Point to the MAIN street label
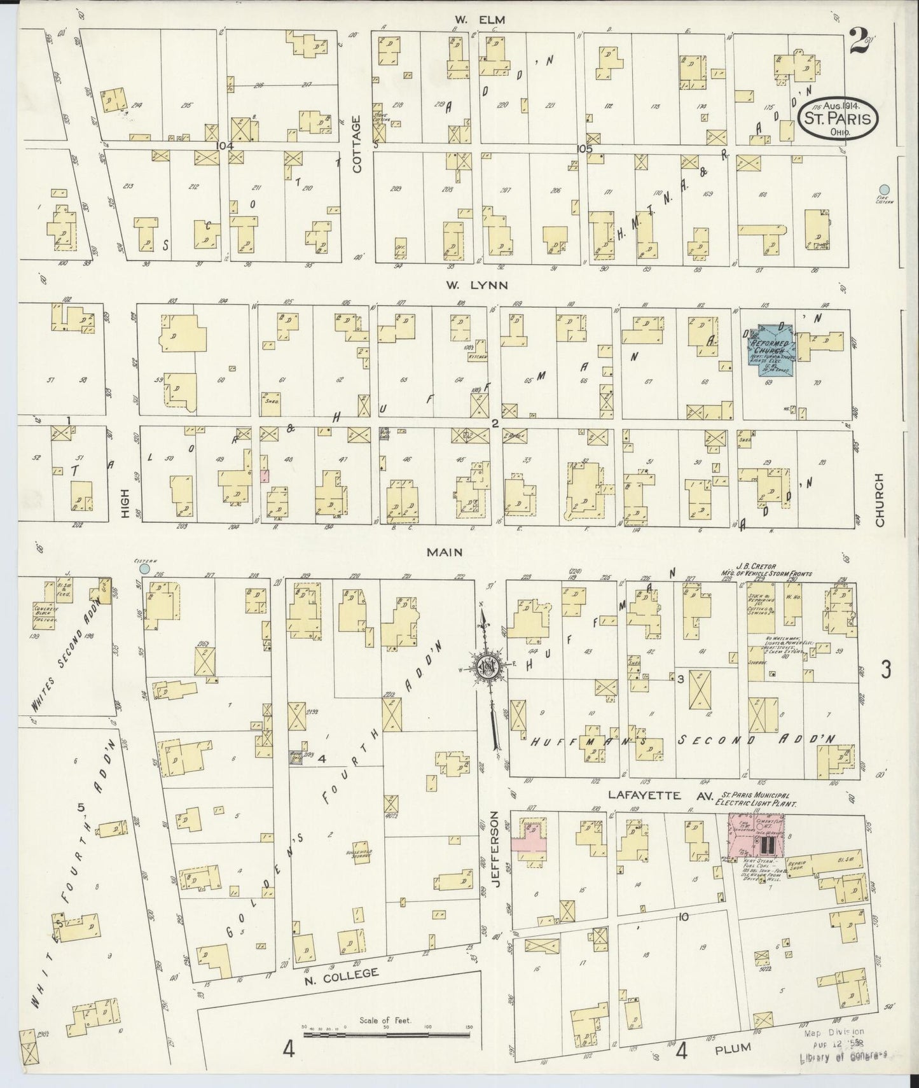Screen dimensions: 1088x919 (445, 554)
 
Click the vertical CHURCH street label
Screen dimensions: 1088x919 (880, 499)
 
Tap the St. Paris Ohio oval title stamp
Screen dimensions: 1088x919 (838, 119)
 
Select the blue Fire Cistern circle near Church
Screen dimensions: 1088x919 (883, 189)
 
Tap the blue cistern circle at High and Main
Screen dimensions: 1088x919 (145, 568)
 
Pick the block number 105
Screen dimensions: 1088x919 (584, 148)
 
